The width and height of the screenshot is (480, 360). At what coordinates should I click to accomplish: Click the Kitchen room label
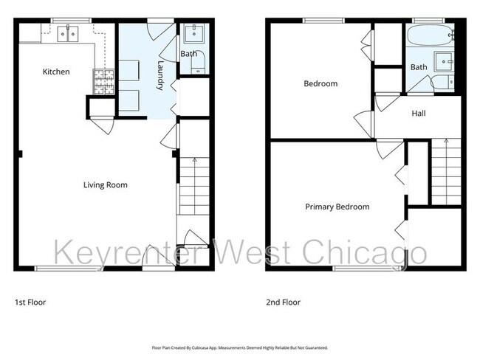(x=56, y=72)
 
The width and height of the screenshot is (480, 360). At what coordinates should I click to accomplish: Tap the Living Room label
(x=105, y=185)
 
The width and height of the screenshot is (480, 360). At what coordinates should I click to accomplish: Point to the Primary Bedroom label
(x=337, y=207)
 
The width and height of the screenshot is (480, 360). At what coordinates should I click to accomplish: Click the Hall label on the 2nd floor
(x=419, y=113)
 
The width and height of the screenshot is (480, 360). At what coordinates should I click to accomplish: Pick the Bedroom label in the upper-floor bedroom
(x=320, y=83)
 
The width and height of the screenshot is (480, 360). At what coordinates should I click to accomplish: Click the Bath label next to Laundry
(x=188, y=54)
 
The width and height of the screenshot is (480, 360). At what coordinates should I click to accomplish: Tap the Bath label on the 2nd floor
(x=419, y=67)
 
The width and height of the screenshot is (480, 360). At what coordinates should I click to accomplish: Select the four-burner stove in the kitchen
(x=99, y=80)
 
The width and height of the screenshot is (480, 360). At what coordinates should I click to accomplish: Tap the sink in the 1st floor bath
(x=197, y=33)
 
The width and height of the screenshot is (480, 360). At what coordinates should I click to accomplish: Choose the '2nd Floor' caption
(x=284, y=302)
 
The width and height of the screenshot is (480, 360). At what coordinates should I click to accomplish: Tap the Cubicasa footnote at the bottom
(x=239, y=347)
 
